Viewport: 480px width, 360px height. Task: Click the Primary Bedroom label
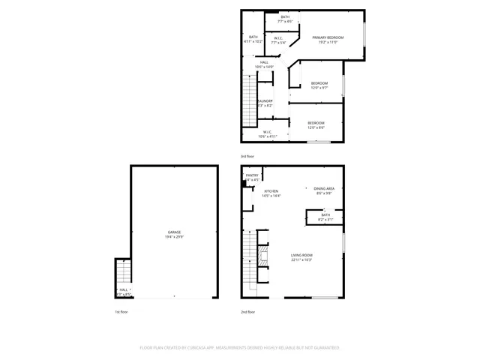point(328,37)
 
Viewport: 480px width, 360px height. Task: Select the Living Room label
point(301,256)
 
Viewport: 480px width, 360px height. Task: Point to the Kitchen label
point(271,191)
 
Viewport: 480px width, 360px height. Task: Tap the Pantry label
point(252,175)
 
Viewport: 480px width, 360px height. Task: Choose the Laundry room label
point(264,101)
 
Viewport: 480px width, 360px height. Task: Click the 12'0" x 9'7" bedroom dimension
point(319,88)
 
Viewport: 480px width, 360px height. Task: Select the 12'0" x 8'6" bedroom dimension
point(316,127)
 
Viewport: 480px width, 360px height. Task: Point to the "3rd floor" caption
point(247,156)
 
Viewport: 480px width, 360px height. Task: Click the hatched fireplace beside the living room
point(262,257)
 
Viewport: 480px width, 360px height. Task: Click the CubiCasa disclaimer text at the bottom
point(239,347)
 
